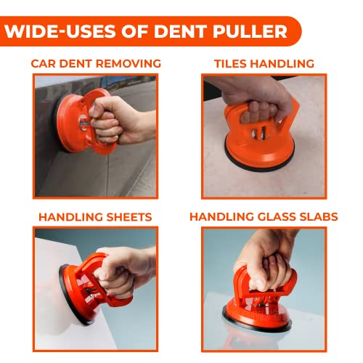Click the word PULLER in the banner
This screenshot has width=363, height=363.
pos(250,31)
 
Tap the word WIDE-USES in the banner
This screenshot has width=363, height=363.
pos(60,31)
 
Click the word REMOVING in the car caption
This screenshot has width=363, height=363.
pos(129,63)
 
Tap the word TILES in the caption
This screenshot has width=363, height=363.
pos(231,63)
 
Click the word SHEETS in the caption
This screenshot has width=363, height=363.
pos(129,217)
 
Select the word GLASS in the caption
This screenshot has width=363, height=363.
pos(277,216)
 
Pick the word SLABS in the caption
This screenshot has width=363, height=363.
pos(319,216)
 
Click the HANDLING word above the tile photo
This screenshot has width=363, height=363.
pos(282,63)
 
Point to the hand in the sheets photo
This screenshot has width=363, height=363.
pos(126,271)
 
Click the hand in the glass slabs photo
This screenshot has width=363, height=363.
pos(266,261)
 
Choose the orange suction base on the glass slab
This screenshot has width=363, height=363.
pos(256,314)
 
